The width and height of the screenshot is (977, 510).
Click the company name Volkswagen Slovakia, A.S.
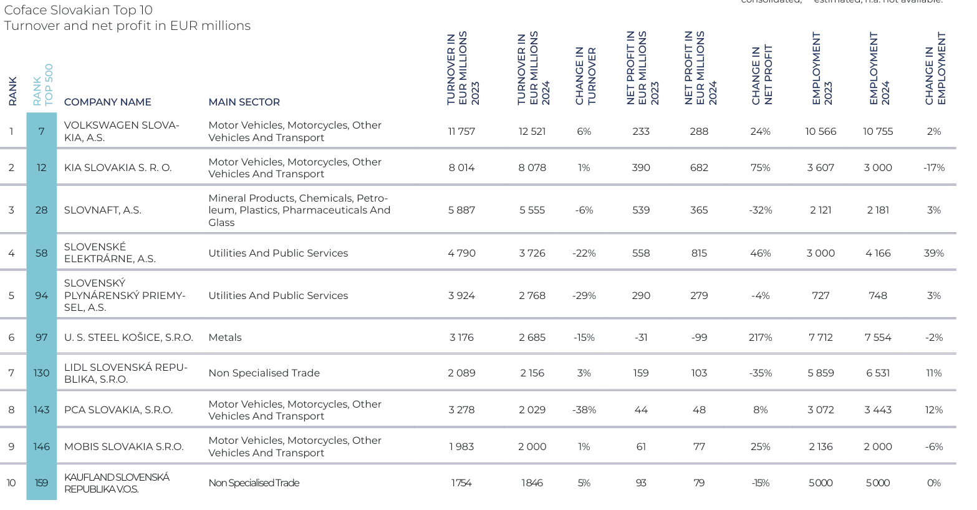point(122,131)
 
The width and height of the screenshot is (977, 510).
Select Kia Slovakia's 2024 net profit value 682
point(699,168)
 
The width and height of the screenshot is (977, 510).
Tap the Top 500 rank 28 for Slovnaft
point(41,210)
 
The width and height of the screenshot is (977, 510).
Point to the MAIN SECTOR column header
point(244,102)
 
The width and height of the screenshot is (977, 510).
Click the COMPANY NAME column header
point(107,102)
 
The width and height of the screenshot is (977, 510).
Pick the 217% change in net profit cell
point(760,338)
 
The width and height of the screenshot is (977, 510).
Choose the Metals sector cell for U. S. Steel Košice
point(225,338)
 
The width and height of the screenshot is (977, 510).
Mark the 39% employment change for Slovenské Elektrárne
point(933,253)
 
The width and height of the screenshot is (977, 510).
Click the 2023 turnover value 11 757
point(461,132)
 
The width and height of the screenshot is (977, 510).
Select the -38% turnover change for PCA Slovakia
point(584,410)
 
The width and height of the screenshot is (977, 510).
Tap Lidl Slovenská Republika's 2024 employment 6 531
point(878,373)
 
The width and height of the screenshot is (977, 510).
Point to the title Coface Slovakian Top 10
point(78,10)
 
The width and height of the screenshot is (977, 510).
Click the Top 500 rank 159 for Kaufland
point(41,483)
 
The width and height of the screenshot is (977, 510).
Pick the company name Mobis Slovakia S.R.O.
point(123,447)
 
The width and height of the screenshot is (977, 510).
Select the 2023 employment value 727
point(821,296)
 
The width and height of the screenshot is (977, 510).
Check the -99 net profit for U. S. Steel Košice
point(699,338)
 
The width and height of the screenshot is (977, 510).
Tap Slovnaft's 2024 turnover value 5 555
point(532,210)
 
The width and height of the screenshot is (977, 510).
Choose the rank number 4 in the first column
point(11,253)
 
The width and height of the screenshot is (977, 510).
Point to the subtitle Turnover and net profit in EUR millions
point(127,26)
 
